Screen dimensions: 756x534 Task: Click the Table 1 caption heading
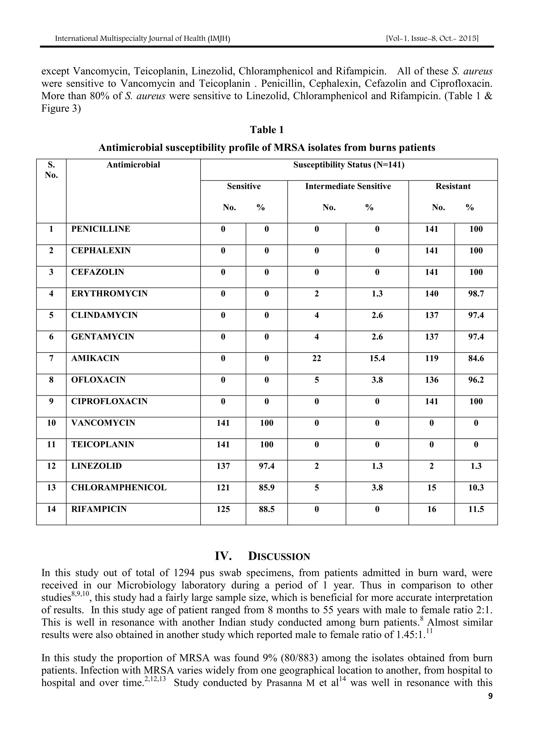[266, 130]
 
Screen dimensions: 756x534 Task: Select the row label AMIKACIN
[95, 358]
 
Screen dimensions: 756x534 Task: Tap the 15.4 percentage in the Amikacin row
[377, 358]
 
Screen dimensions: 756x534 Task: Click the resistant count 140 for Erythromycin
[431, 293]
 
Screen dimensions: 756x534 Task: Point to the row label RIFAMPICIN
[99, 509]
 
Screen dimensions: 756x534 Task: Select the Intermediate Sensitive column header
[348, 186]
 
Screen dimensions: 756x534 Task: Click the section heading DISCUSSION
[279, 556]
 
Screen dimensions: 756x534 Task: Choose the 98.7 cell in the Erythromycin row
[476, 293]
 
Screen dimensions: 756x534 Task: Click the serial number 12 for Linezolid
[51, 466]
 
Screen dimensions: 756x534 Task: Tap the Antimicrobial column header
[133, 165]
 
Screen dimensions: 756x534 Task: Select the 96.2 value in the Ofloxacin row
[476, 380]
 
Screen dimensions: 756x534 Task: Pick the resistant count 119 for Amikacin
[431, 358]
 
